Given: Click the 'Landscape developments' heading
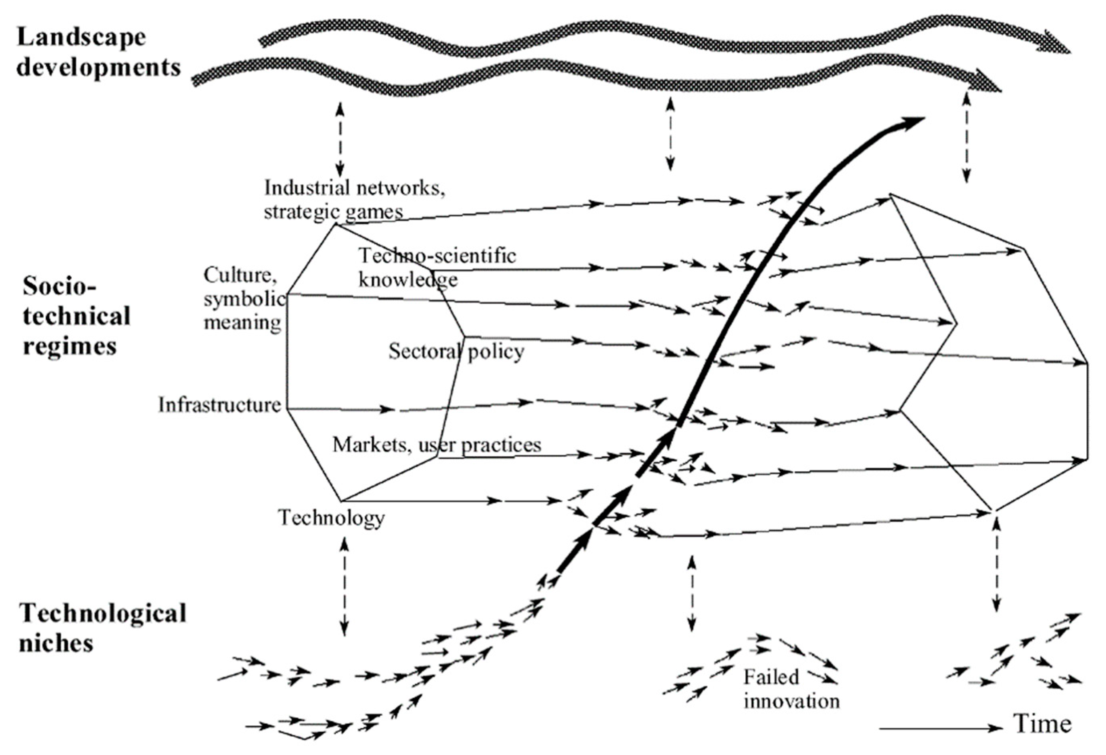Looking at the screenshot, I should point(98,52).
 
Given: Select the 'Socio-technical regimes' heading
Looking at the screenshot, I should point(76,316).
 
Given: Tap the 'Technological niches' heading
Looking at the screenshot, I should point(102,628).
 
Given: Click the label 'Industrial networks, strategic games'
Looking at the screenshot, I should point(355,199).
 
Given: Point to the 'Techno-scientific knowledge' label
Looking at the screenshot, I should point(436,268).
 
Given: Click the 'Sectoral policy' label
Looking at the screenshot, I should point(456,352).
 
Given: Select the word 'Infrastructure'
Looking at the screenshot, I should point(219,405).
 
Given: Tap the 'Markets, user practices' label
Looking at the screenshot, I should point(436,445).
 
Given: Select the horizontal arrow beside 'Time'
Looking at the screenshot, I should point(940,728).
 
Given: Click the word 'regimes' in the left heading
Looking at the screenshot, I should point(70,346).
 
